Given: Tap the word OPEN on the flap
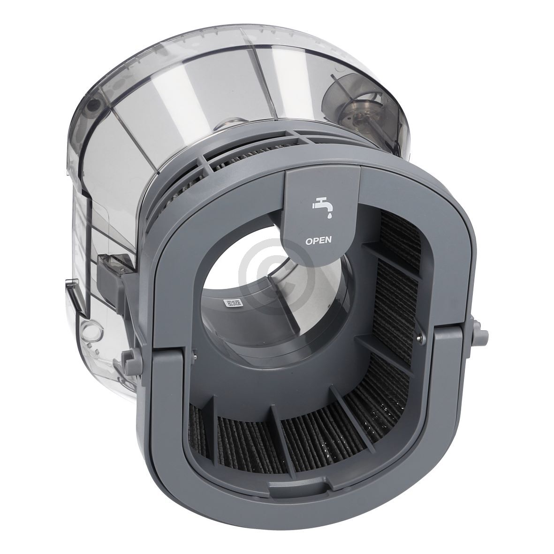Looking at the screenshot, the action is (x=319, y=241).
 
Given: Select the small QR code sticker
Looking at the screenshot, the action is (x=233, y=303).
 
